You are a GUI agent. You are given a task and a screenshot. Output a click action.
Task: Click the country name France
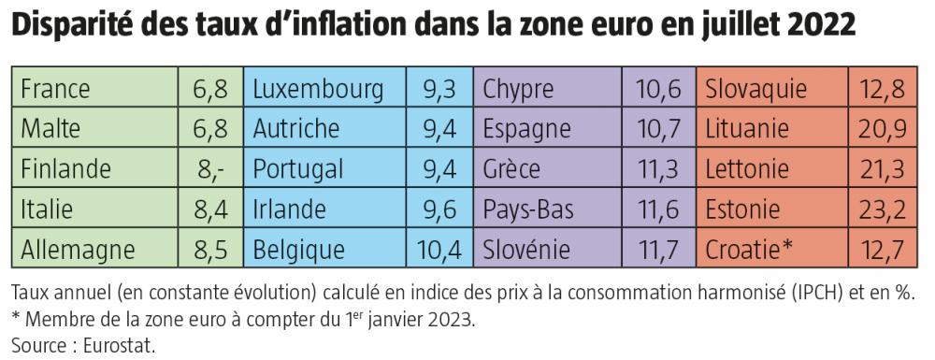(55, 89)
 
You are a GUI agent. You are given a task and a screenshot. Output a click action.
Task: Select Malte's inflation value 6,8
(211, 129)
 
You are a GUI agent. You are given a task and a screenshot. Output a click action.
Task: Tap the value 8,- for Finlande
(211, 169)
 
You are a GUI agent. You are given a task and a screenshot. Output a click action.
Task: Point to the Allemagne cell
(78, 250)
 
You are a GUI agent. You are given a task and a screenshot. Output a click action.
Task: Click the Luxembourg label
(318, 89)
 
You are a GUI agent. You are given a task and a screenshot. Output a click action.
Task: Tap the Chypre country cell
(519, 89)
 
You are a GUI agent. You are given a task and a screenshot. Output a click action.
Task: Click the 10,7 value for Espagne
(659, 129)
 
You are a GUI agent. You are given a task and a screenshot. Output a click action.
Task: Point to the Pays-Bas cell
(529, 209)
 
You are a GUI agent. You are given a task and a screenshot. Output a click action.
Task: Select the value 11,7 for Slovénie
(659, 250)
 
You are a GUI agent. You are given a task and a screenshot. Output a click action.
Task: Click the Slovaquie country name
(755, 89)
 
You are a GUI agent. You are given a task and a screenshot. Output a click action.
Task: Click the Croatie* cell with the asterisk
(749, 250)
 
